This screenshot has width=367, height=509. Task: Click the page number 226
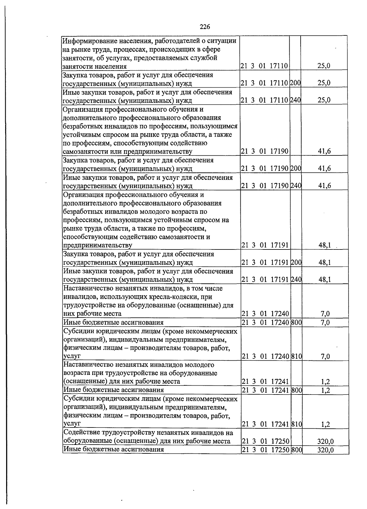pyautogui.click(x=205, y=27)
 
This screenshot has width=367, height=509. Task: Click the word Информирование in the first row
pyautogui.click(x=86, y=41)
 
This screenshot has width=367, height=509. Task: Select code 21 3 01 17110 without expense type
pyautogui.click(x=264, y=66)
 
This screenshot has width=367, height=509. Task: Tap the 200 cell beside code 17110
pyautogui.click(x=295, y=83)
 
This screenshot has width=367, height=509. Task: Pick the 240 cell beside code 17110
pyautogui.click(x=295, y=100)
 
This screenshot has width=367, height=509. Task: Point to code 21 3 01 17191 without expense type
pyautogui.click(x=265, y=245)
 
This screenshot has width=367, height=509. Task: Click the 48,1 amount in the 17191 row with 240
pyautogui.click(x=324, y=279)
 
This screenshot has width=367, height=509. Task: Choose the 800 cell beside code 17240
pyautogui.click(x=296, y=322)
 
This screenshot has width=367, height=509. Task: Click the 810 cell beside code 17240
pyautogui.click(x=296, y=356)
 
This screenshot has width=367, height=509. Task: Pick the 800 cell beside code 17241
pyautogui.click(x=296, y=390)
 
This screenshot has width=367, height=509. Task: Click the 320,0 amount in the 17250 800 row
pyautogui.click(x=325, y=450)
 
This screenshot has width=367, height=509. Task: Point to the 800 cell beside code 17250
pyautogui.click(x=296, y=450)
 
